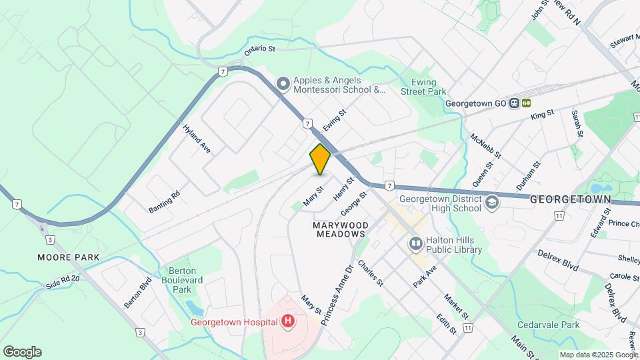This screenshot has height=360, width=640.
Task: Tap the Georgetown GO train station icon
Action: pyautogui.click(x=514, y=103)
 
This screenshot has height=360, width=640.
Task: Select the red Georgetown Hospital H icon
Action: pyautogui.click(x=288, y=322)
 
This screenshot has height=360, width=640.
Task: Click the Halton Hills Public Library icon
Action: pyautogui.click(x=416, y=244)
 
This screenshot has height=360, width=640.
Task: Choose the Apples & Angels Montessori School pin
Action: pyautogui.click(x=283, y=83)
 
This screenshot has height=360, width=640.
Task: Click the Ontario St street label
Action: pyautogui.click(x=259, y=50)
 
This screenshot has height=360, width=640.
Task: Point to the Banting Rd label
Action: pyautogui.click(x=164, y=202)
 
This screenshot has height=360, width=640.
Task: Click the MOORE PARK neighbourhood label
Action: pyautogui.click(x=69, y=257)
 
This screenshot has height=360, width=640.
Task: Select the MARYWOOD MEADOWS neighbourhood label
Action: pyautogui.click(x=340, y=229)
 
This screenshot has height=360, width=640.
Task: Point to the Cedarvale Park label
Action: pyautogui.click(x=551, y=325)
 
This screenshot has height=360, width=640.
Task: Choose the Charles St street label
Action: pyautogui.click(x=371, y=273)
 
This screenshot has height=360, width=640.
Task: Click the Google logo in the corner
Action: pyautogui.click(x=22, y=352)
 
